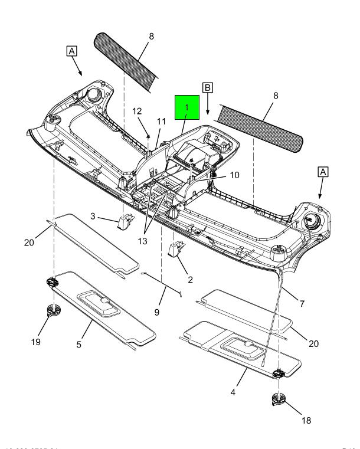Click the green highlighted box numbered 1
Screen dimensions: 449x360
[x=187, y=108]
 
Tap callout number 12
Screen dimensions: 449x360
[x=137, y=110]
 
